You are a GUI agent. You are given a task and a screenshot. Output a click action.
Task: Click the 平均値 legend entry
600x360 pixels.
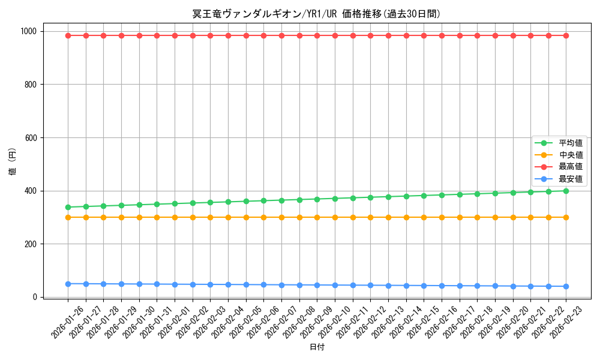(571, 143)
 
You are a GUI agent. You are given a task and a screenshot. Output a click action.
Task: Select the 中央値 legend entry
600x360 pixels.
(571, 155)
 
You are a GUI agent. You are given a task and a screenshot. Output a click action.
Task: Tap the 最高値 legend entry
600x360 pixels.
(571, 167)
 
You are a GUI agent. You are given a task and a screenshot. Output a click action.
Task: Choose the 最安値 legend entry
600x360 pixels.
(571, 179)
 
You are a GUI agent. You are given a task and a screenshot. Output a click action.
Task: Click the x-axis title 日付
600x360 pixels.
(317, 347)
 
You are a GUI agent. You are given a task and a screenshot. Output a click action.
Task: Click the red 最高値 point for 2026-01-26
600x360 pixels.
(68, 35)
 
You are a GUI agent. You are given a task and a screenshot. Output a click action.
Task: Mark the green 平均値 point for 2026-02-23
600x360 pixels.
(566, 191)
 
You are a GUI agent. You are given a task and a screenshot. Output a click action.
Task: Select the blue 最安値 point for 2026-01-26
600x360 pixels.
(68, 284)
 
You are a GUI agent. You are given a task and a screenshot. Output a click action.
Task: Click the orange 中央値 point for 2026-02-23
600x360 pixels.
(566, 217)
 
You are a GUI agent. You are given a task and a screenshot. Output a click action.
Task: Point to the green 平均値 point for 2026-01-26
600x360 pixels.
(68, 207)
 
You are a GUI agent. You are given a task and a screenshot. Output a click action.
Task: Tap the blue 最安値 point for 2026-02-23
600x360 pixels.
(566, 286)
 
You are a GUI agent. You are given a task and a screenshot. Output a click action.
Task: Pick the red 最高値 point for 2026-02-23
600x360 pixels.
(566, 35)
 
